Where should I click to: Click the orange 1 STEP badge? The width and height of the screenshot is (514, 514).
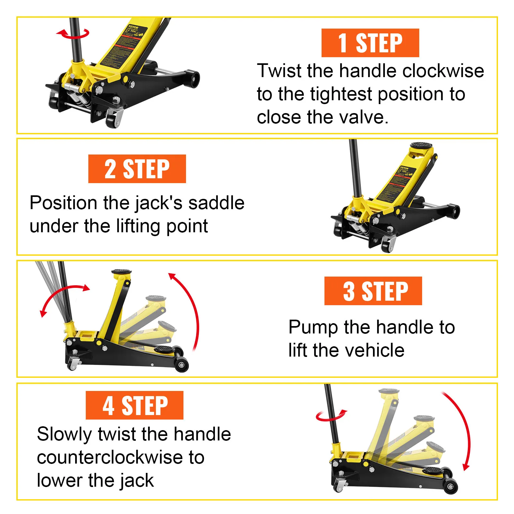tap(370, 43)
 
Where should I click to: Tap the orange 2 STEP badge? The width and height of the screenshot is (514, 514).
tap(137, 169)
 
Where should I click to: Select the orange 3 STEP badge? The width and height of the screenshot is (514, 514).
tap(373, 291)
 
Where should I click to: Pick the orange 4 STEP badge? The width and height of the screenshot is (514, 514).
tap(134, 405)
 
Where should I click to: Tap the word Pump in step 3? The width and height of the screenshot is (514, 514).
tap(313, 327)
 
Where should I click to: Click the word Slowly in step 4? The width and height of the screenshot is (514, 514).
tap(65, 434)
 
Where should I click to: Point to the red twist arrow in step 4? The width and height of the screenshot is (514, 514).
tap(331, 416)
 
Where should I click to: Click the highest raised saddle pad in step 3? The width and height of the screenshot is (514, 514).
tap(121, 272)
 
